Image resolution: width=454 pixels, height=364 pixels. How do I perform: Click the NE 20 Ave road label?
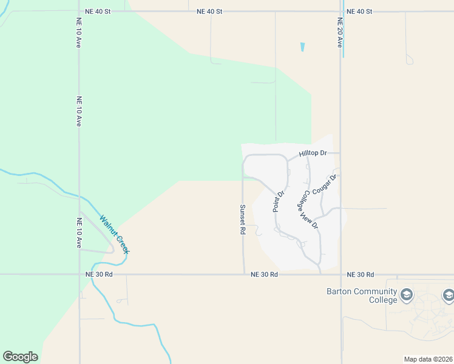[x=340, y=33]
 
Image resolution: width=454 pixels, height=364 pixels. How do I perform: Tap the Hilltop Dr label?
[x=313, y=153]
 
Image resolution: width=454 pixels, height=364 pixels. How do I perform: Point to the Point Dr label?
[x=279, y=202]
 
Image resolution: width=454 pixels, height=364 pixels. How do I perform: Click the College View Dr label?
[x=310, y=209]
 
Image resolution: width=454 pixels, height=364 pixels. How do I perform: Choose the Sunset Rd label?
[x=242, y=219]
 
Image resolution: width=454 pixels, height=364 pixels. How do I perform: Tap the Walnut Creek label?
[x=115, y=235]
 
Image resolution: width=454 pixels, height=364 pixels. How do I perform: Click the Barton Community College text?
[x=362, y=295]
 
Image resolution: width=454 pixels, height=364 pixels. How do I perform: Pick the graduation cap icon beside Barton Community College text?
[x=406, y=295]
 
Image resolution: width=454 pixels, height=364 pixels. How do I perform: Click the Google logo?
[x=20, y=357]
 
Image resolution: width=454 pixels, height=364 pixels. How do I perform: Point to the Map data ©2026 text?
[x=428, y=359]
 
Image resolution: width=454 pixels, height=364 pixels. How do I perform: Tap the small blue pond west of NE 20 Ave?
[x=302, y=46]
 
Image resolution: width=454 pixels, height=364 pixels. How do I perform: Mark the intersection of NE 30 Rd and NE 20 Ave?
[x=340, y=274]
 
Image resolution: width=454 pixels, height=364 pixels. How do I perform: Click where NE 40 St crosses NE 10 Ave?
[x=79, y=11]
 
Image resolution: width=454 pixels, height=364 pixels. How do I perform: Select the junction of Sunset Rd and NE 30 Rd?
[x=244, y=274]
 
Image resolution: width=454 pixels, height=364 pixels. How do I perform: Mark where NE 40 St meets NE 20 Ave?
[x=340, y=11]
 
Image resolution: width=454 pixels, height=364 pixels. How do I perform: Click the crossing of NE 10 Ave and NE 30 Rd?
[x=79, y=274]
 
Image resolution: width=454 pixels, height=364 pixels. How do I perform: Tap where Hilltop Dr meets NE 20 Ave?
[x=340, y=153]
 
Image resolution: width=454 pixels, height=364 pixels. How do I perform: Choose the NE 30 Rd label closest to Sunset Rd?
[x=265, y=275]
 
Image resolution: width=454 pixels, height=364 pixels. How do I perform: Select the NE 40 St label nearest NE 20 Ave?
[x=358, y=12]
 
